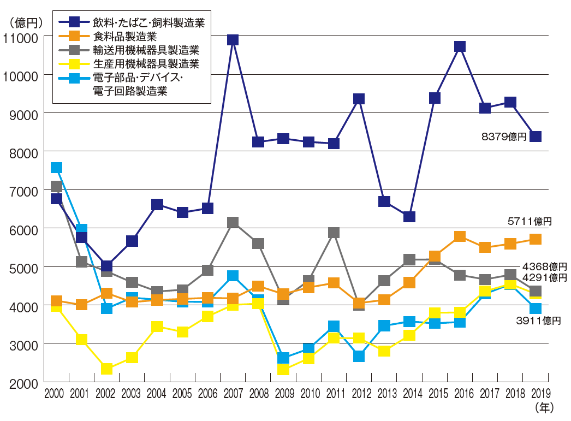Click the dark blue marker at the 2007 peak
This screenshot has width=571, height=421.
[x=233, y=40]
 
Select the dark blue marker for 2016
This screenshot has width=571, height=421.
[x=460, y=46]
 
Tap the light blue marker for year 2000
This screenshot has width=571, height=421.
[x=56, y=168]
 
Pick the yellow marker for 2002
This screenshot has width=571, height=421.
[x=107, y=369]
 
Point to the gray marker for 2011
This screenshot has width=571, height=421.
[x=334, y=233]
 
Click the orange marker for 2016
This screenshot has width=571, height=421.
[x=460, y=236]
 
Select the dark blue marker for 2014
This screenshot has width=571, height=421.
[x=409, y=217]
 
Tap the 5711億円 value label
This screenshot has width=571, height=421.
[x=530, y=221]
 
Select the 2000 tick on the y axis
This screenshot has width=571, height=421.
[x=22, y=383]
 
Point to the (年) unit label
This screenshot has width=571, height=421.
[x=544, y=407]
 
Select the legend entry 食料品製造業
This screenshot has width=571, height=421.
[x=125, y=37]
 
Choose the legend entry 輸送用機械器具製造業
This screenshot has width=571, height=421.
[x=146, y=51]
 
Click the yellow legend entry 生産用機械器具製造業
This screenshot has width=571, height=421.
[x=146, y=64]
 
